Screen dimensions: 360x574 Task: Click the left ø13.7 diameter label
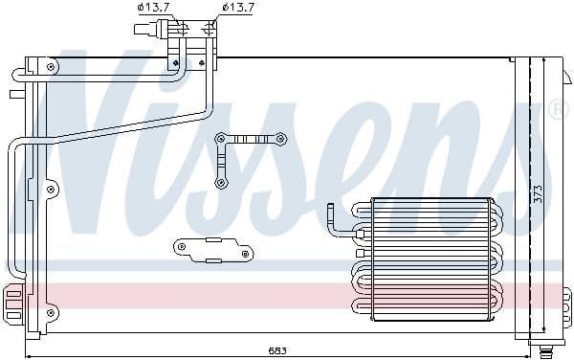pyautogui.click(x=153, y=8)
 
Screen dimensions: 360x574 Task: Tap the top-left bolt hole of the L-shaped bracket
pyautogui.click(x=221, y=139)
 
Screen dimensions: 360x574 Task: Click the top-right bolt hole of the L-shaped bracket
pyautogui.click(x=283, y=139)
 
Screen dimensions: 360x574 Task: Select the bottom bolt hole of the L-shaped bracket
pyautogui.click(x=221, y=181)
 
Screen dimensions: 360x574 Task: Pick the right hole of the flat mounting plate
pyautogui.click(x=246, y=254)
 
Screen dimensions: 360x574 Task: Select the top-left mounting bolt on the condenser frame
pyautogui.click(x=49, y=67)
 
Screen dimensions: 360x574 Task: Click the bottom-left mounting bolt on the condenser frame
pyautogui.click(x=49, y=311)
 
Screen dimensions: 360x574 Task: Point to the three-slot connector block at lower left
pyautogui.click(x=12, y=304)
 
